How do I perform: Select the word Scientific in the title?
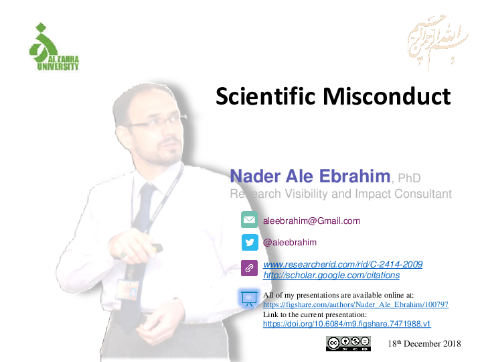[267, 97]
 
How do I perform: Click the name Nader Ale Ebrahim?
[310, 176]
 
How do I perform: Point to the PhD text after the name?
[408, 178]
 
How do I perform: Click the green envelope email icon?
[249, 220]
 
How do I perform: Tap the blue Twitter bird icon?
[249, 242]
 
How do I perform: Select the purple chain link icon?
[249, 268]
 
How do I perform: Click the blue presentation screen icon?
[249, 298]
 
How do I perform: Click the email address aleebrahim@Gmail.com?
[311, 221]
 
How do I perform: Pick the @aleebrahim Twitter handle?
[290, 242]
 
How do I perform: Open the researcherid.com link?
[343, 265]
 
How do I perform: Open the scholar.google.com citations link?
[331, 276]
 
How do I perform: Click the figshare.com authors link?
[355, 304]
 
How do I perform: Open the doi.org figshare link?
[346, 324]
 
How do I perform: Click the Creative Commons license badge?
[348, 343]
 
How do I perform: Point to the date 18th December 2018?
[424, 344]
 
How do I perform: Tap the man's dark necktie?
[141, 221]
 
